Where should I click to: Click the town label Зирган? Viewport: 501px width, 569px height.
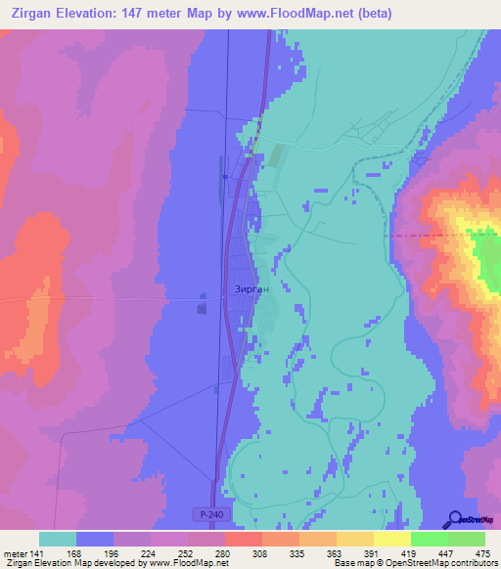coord(251,289)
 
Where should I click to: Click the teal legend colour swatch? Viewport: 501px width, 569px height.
coord(58,539)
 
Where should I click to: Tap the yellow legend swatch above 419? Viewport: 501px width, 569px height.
coord(391,539)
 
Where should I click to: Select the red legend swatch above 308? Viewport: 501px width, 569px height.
coord(243,539)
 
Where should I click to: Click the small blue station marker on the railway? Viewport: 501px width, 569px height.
coord(224,177)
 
